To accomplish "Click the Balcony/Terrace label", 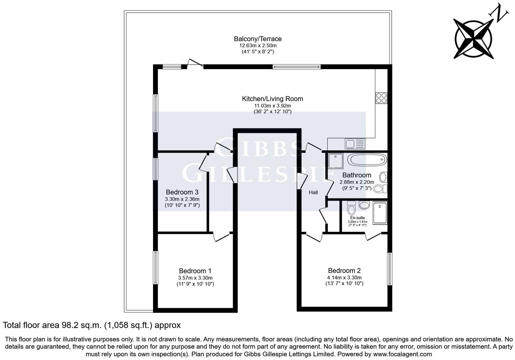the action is (x=257, y=39).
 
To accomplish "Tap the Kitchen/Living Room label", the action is (x=272, y=99).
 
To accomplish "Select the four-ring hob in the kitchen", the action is (x=381, y=98).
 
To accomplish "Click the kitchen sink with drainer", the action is (x=355, y=144).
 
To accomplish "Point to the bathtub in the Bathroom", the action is (x=367, y=159).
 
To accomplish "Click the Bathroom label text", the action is (x=357, y=175).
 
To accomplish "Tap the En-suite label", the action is (x=357, y=218).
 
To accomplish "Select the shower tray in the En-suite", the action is (x=380, y=213).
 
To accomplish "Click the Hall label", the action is (x=313, y=193).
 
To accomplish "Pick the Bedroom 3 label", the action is (x=182, y=192).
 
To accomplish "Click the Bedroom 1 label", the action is (x=195, y=271).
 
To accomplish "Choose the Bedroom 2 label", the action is (x=344, y=270).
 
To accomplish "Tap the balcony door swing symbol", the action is (x=195, y=63).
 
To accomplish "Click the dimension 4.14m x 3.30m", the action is (x=344, y=278).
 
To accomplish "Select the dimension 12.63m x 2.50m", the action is (x=257, y=45).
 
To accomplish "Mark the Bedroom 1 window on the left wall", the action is (x=155, y=267).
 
